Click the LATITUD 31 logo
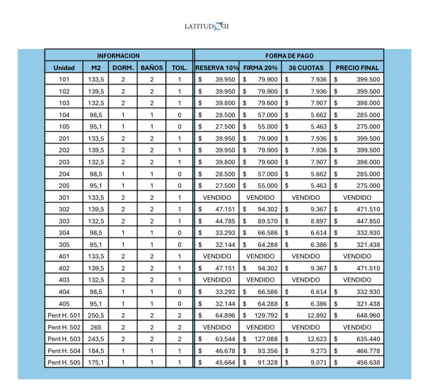pyautogui.click(x=207, y=26)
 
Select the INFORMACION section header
pyautogui.click(x=118, y=56)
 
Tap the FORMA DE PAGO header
pyautogui.click(x=289, y=56)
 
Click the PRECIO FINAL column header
pyautogui.click(x=357, y=68)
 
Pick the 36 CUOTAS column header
pyautogui.click(x=306, y=68)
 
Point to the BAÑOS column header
pyautogui.click(x=152, y=68)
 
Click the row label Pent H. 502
pyautogui.click(x=64, y=327)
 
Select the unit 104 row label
pyautogui.click(x=64, y=115)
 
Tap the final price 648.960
pyautogui.click(x=368, y=315)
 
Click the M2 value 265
pyautogui.click(x=96, y=327)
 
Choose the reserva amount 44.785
pyautogui.click(x=225, y=221)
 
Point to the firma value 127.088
pyautogui.click(x=266, y=339)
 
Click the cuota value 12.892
pyautogui.click(x=317, y=315)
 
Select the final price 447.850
pyautogui.click(x=368, y=221)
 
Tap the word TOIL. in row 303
pyautogui.click(x=179, y=221)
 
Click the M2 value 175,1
pyautogui.click(x=96, y=362)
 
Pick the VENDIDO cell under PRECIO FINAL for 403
pyautogui.click(x=357, y=280)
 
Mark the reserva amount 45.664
pyautogui.click(x=225, y=362)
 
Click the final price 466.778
pyautogui.click(x=368, y=351)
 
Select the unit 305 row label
pyautogui.click(x=64, y=244)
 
